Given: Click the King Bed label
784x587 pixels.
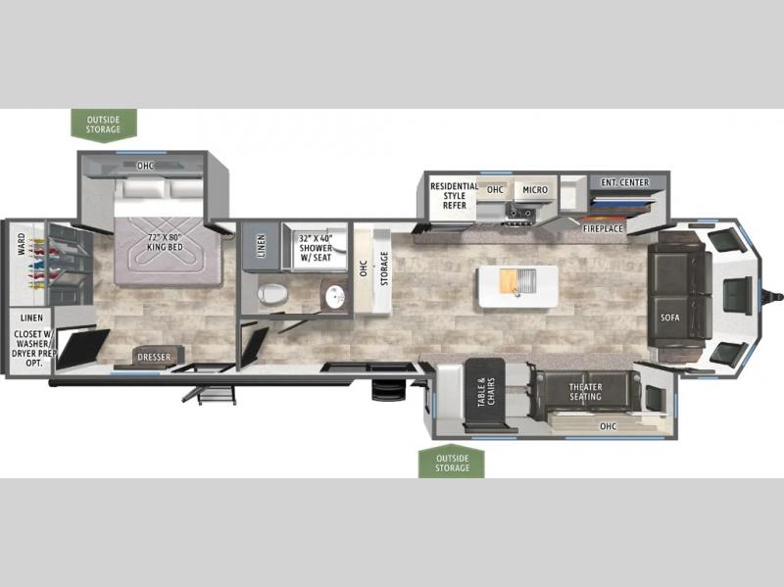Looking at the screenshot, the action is click(x=165, y=242).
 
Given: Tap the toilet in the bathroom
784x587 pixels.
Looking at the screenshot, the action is click(x=272, y=294).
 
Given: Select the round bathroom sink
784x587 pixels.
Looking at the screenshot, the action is click(x=334, y=297).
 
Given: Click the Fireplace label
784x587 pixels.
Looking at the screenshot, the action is click(x=603, y=228).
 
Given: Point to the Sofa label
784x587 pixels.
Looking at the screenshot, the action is click(x=669, y=318).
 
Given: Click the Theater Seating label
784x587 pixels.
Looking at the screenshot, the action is click(x=585, y=392).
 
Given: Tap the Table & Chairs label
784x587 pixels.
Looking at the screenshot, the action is click(x=485, y=392).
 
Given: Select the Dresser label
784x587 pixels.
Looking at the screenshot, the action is click(x=154, y=357).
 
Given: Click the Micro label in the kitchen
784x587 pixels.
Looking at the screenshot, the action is click(x=535, y=190).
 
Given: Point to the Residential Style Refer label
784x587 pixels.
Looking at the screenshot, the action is click(x=454, y=195).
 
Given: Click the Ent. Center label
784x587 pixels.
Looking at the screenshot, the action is click(x=625, y=182).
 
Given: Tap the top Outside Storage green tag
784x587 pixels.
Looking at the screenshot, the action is click(x=104, y=125).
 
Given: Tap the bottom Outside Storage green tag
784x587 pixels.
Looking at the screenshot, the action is click(x=452, y=462).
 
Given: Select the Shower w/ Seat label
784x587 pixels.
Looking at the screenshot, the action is click(x=316, y=248).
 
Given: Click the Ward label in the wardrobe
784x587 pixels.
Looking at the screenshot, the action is click(x=21, y=244).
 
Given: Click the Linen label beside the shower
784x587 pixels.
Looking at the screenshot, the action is click(x=261, y=247).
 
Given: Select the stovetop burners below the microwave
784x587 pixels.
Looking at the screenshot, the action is click(x=520, y=214).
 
